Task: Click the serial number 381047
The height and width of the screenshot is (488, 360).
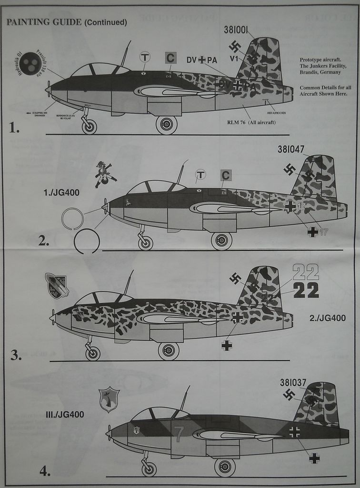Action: [290, 149]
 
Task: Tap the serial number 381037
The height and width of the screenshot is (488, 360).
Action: [293, 383]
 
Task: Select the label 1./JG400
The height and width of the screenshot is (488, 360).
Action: [61, 193]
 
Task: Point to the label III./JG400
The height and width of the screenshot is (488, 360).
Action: [65, 415]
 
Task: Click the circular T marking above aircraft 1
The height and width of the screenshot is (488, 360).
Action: [145, 58]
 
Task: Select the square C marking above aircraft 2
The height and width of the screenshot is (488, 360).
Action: [226, 175]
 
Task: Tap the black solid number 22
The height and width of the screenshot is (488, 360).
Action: [306, 290]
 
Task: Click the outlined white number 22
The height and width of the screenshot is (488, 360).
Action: [306, 272]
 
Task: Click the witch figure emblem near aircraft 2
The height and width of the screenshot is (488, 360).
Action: [104, 174]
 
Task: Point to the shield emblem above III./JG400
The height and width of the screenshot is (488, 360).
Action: [109, 399]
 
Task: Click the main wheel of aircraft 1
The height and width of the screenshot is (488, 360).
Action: [166, 125]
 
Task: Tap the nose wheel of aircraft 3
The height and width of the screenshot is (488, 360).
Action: [92, 353]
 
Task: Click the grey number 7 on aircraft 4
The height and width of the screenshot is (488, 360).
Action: [179, 434]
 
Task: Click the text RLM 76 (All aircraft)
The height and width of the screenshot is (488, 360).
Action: [251, 122]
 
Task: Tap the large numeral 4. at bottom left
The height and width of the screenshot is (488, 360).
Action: [45, 471]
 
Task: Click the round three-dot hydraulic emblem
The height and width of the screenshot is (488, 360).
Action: [30, 64]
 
